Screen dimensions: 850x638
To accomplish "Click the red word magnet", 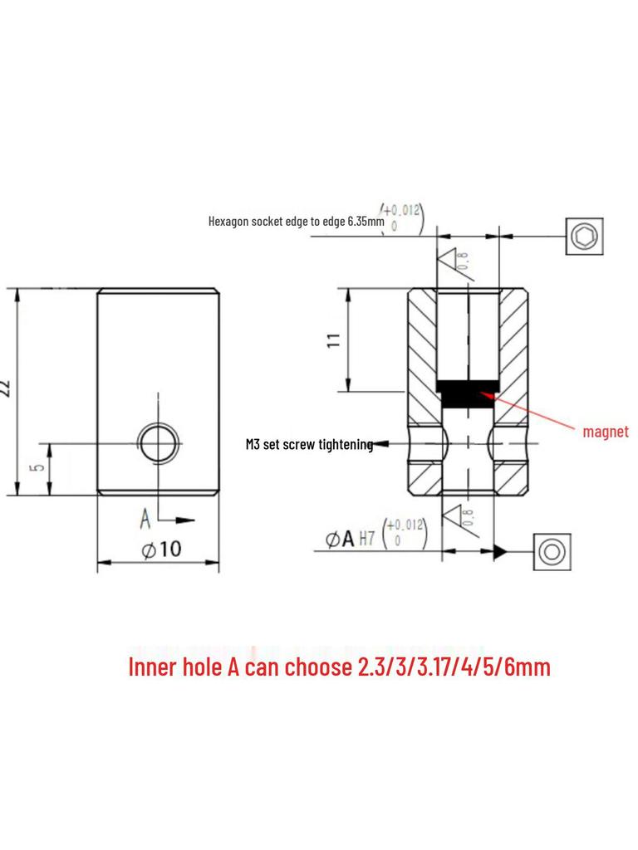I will tap(606, 432).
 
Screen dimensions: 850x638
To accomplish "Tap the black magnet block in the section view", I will tap(468, 393).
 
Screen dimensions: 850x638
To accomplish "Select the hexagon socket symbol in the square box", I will tap(585, 237).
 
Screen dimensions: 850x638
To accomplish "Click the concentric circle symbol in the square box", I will tap(550, 551).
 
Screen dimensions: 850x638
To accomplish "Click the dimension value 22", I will tap(7, 388).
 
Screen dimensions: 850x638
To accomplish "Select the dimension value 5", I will tap(37, 467).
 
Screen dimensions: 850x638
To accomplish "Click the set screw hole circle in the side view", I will tap(158, 443).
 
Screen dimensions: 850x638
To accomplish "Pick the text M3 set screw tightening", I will tap(308, 445).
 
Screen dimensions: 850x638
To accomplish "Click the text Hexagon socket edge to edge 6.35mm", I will tap(296, 222).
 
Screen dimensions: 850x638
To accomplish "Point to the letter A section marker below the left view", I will tap(145, 520).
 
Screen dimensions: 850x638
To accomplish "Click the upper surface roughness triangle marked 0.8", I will tap(454, 262).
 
